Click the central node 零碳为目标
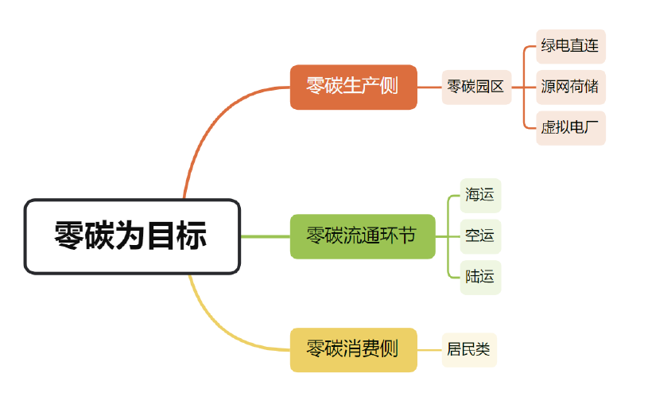pos(132,236)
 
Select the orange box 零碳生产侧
pos(353,87)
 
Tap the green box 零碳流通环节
pos(362,236)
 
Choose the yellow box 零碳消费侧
pos(353,349)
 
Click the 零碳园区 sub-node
pos(476,87)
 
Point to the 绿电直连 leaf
pos(570,45)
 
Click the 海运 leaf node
pos(480,195)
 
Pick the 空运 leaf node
pos(480,236)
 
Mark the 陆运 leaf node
pos(480,277)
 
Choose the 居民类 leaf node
pos(469,349)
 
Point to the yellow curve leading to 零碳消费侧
pos(215,326)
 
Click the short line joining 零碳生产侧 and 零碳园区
pos(429,87)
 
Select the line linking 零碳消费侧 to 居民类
pos(429,349)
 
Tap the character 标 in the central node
pos(192,236)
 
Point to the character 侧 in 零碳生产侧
pos(389,87)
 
